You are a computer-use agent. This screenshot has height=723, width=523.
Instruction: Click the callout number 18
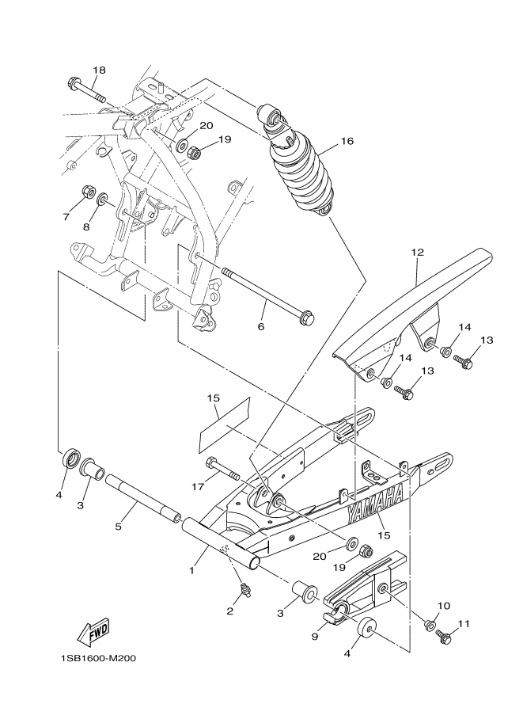tap(98, 70)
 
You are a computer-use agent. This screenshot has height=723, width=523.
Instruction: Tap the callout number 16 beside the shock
tap(346, 142)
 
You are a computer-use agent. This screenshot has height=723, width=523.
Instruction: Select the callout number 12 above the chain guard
tap(417, 253)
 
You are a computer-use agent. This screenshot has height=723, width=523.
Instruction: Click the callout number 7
tap(67, 216)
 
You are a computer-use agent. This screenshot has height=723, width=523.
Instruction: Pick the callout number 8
tap(86, 227)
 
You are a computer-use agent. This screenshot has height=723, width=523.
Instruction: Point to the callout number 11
tap(464, 624)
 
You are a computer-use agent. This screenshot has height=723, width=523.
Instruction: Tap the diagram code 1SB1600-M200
tap(92, 659)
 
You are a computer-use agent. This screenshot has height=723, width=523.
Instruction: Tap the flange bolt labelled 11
tap(443, 634)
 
